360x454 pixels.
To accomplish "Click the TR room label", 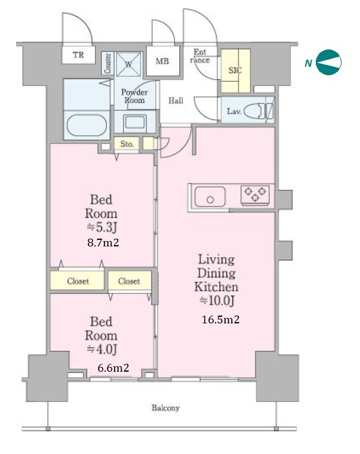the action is point(78,54).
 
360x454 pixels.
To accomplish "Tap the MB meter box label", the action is point(162,61).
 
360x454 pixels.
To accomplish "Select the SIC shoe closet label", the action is point(235,70).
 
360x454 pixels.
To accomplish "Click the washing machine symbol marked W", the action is point(129,64).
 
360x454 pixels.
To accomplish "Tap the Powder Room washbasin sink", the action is point(135,122).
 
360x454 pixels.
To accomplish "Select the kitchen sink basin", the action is point(210,197).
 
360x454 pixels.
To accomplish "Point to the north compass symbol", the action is point(328,62).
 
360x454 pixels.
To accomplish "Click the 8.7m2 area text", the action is point(103,242).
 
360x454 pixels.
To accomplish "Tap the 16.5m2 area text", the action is point(220,319).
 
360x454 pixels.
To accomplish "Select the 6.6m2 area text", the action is point(113,367).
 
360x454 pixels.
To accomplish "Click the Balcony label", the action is point(165,408).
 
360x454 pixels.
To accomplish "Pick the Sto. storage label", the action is point(127,144).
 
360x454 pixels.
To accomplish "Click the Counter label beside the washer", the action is point(107,63).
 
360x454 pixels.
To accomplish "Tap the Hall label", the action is point(176,101).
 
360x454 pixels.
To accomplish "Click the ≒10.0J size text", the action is point(217,301).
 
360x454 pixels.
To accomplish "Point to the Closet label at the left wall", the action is point(78,281).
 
